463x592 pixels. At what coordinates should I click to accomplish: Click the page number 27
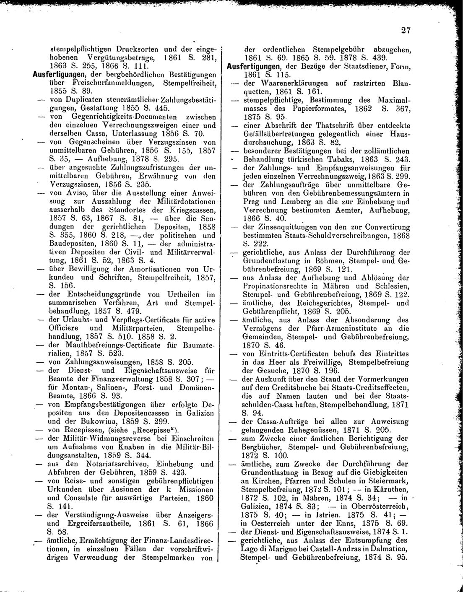tap(405, 30)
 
